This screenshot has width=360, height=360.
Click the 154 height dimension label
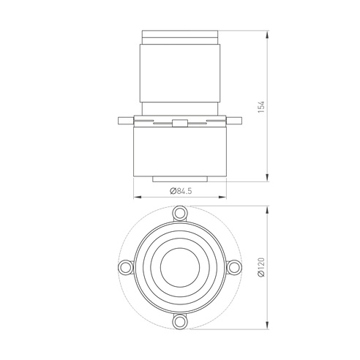[261, 107]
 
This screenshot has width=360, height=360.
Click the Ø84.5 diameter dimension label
[181, 191]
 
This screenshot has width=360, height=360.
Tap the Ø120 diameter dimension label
[261, 267]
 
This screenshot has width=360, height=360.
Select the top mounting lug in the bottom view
[180, 214]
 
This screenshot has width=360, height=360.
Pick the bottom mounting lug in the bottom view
[180, 322]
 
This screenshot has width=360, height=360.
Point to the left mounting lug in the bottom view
[126, 267]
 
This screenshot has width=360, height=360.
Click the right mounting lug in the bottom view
[234, 267]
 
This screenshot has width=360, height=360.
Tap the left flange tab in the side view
[126, 121]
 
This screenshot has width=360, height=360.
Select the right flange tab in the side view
[234, 121]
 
